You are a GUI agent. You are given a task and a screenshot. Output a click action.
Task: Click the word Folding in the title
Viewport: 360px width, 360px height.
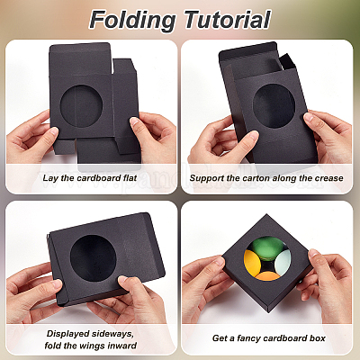click(x=132, y=20)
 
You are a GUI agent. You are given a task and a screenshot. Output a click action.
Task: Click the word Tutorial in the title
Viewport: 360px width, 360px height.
click(x=228, y=19)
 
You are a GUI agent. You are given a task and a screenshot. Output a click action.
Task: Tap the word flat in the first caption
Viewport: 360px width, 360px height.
click(x=130, y=178)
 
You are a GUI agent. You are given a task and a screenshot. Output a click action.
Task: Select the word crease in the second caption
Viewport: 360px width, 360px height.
click(x=328, y=178)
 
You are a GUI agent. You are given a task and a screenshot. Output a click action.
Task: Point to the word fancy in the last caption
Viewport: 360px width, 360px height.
click(x=248, y=338)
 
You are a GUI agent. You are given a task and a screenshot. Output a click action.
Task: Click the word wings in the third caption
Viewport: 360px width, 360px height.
click(x=94, y=346)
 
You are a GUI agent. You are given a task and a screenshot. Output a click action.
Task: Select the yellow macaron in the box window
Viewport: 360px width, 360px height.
click(x=252, y=263)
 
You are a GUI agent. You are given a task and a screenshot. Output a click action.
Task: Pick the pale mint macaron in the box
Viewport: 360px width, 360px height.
click(x=283, y=262)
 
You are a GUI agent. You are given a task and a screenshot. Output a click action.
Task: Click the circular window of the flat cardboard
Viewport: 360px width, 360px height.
click(x=81, y=106)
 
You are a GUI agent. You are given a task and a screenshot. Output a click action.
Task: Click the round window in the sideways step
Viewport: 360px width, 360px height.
click(x=93, y=258)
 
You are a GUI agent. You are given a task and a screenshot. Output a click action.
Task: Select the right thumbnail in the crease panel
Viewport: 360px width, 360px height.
click(x=308, y=117)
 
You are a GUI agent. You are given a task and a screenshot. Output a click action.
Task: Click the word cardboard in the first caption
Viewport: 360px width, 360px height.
click(x=96, y=178)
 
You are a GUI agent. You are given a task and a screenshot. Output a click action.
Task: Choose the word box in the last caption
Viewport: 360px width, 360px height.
click(x=318, y=338)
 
